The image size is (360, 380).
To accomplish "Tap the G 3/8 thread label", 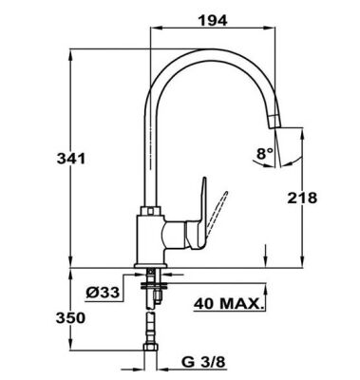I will (202, 362).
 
